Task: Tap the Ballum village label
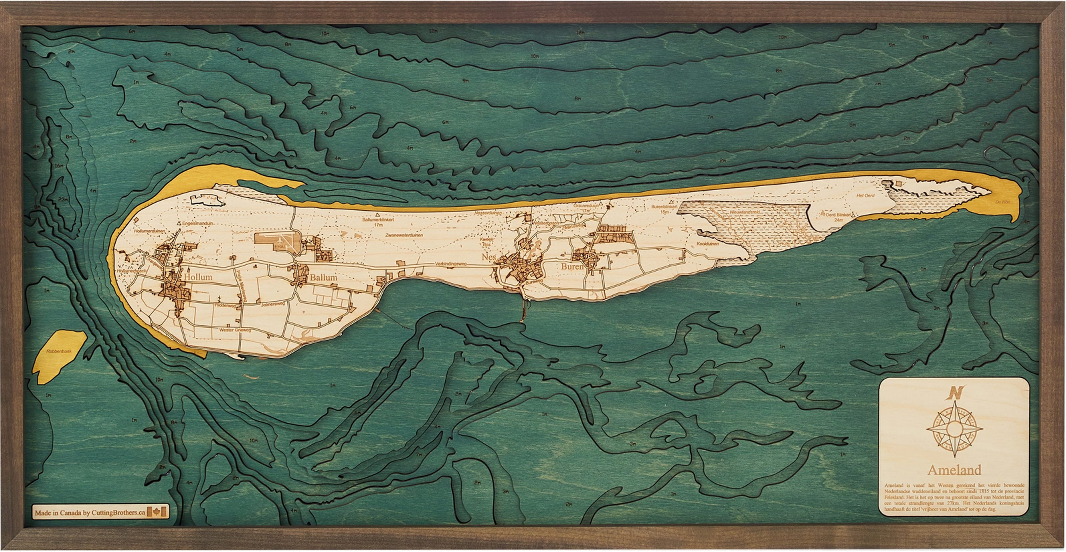tap(323, 277)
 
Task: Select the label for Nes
tap(488, 257)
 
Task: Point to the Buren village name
tap(572, 267)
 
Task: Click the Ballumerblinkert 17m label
tap(377, 222)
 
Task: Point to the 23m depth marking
tap(63, 200)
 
